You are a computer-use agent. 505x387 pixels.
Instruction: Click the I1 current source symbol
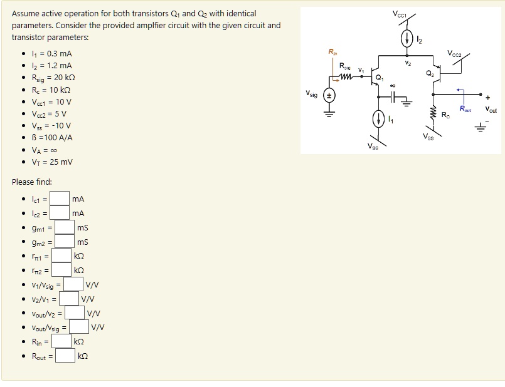tap(378, 119)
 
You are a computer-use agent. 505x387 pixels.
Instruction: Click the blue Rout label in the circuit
tap(465, 109)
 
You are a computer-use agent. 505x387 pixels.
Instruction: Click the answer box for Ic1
tap(59, 199)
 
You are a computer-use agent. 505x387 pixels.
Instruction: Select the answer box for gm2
tap(64, 242)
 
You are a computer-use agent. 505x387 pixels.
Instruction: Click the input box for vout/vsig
tap(78, 327)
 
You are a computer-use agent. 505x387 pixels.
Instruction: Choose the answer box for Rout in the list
tap(64, 356)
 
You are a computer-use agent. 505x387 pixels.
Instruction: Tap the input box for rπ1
tap(61, 255)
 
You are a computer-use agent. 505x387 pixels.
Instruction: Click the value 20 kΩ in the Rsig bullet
tap(61, 78)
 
